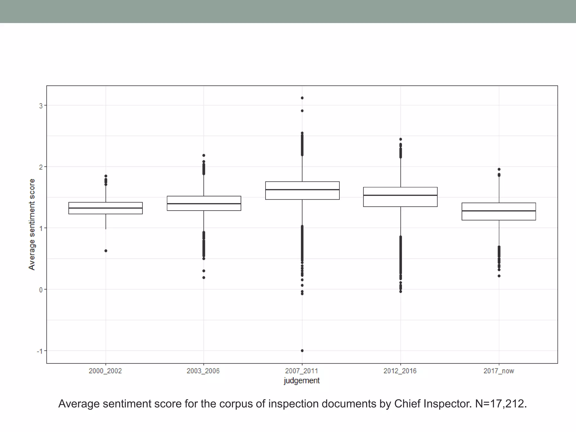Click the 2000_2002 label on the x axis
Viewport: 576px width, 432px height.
(105, 371)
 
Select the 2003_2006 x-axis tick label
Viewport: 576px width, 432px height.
(203, 371)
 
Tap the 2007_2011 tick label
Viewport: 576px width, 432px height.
(301, 371)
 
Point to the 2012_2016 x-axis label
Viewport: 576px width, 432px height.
(400, 371)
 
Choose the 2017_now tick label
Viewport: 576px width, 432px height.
(499, 371)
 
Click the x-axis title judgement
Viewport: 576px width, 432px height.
(301, 381)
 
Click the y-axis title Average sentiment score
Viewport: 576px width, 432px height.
(32, 224)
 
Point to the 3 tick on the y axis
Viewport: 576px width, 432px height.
(41, 106)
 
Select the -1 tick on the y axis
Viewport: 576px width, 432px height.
(40, 351)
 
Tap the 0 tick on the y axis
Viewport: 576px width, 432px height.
(41, 290)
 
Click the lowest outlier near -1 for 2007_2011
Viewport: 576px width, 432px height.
(302, 351)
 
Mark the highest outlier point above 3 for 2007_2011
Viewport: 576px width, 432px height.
(302, 98)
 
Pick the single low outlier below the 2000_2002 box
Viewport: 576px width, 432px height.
(106, 251)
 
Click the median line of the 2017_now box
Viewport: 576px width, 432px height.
(499, 211)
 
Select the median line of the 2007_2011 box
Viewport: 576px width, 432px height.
(302, 190)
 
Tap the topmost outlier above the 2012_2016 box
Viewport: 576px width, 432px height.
(400, 139)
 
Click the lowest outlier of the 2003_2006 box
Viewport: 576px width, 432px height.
(204, 278)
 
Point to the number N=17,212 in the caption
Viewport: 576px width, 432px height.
(501, 404)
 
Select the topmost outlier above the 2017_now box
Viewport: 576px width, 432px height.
(499, 169)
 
